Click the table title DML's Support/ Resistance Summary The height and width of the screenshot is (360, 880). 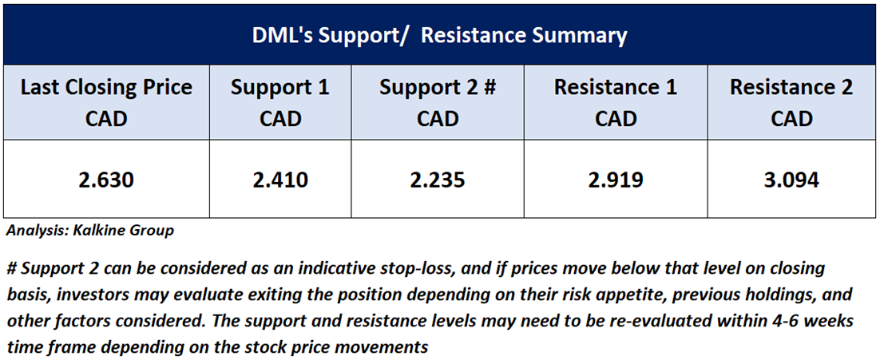click(439, 36)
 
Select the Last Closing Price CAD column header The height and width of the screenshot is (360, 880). click(106, 103)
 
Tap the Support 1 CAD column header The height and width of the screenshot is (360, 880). click(280, 103)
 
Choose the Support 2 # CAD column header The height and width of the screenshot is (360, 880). click(437, 103)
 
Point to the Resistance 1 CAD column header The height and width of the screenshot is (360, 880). click(616, 103)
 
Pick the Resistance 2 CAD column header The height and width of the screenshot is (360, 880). click(791, 103)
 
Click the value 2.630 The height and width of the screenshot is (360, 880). click(106, 180)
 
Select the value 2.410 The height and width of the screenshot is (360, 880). click(280, 180)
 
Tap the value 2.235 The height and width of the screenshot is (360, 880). click(437, 180)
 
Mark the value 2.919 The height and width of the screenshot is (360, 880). click(616, 180)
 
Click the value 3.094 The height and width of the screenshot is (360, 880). click(791, 180)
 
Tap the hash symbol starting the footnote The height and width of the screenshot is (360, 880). click(11, 268)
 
